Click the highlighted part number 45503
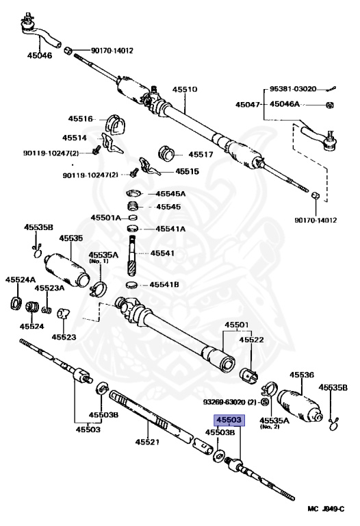point(229,420)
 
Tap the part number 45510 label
point(185,90)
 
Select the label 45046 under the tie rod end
point(40,55)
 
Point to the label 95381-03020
point(293,89)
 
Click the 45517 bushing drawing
point(166,153)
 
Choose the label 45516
point(81,118)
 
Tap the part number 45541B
point(164,285)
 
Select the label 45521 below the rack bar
point(148,442)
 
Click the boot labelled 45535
point(67,270)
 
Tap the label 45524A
point(21,279)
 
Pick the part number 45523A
point(49,288)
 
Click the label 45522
point(251,340)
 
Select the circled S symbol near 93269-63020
point(265,402)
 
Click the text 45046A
point(285,104)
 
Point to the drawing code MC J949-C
point(326,509)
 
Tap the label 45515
point(188,171)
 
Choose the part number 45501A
point(105,218)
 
